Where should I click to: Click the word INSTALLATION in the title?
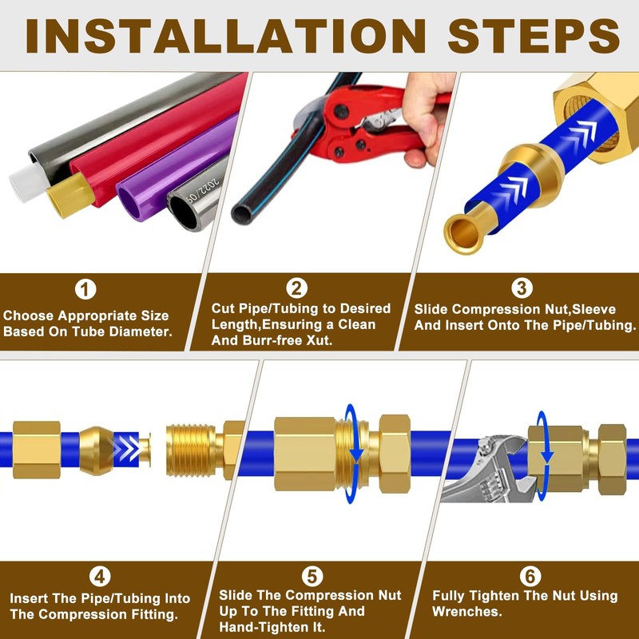point(226,36)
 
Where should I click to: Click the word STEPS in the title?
point(534,36)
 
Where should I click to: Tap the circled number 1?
point(85,289)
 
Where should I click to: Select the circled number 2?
point(296,288)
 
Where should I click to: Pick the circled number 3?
point(522,288)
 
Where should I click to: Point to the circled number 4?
point(100,577)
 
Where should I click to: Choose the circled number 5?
point(312,576)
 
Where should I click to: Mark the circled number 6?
point(530,576)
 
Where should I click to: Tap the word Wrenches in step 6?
point(467,611)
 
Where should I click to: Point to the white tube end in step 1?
point(26,184)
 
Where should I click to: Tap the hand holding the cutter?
point(428,118)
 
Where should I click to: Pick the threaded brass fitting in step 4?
point(204,450)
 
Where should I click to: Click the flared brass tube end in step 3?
point(465,233)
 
